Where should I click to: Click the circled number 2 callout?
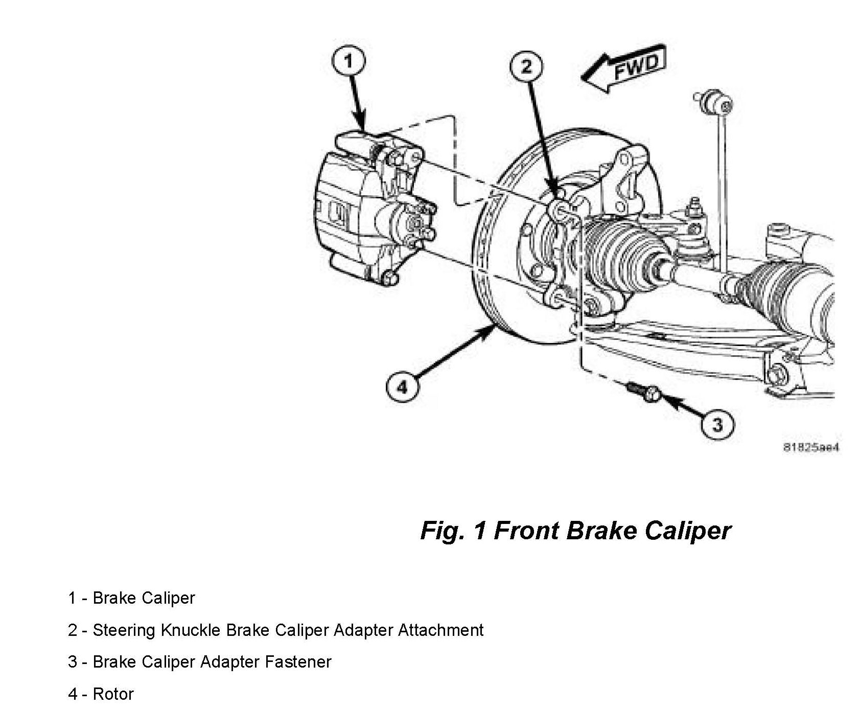point(526,66)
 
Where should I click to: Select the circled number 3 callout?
point(717,424)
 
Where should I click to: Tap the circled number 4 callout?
point(403,386)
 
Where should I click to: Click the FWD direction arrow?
point(624,68)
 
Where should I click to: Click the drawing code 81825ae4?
point(811,447)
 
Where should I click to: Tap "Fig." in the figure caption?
point(443,531)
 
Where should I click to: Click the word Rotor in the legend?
point(113,694)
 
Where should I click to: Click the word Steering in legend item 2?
point(123,630)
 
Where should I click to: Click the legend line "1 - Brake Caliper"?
point(131,598)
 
